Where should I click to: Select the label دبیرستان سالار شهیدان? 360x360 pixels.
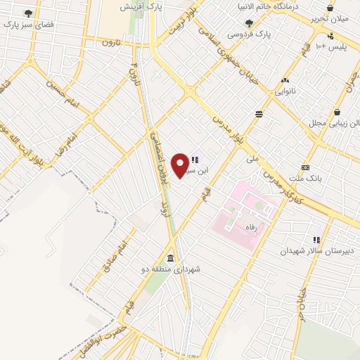tap(314, 250)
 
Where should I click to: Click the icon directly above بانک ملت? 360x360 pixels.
tap(305, 167)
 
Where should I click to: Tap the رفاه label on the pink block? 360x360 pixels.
tap(249, 229)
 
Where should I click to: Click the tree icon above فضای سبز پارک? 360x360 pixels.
tap(28, 13)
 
